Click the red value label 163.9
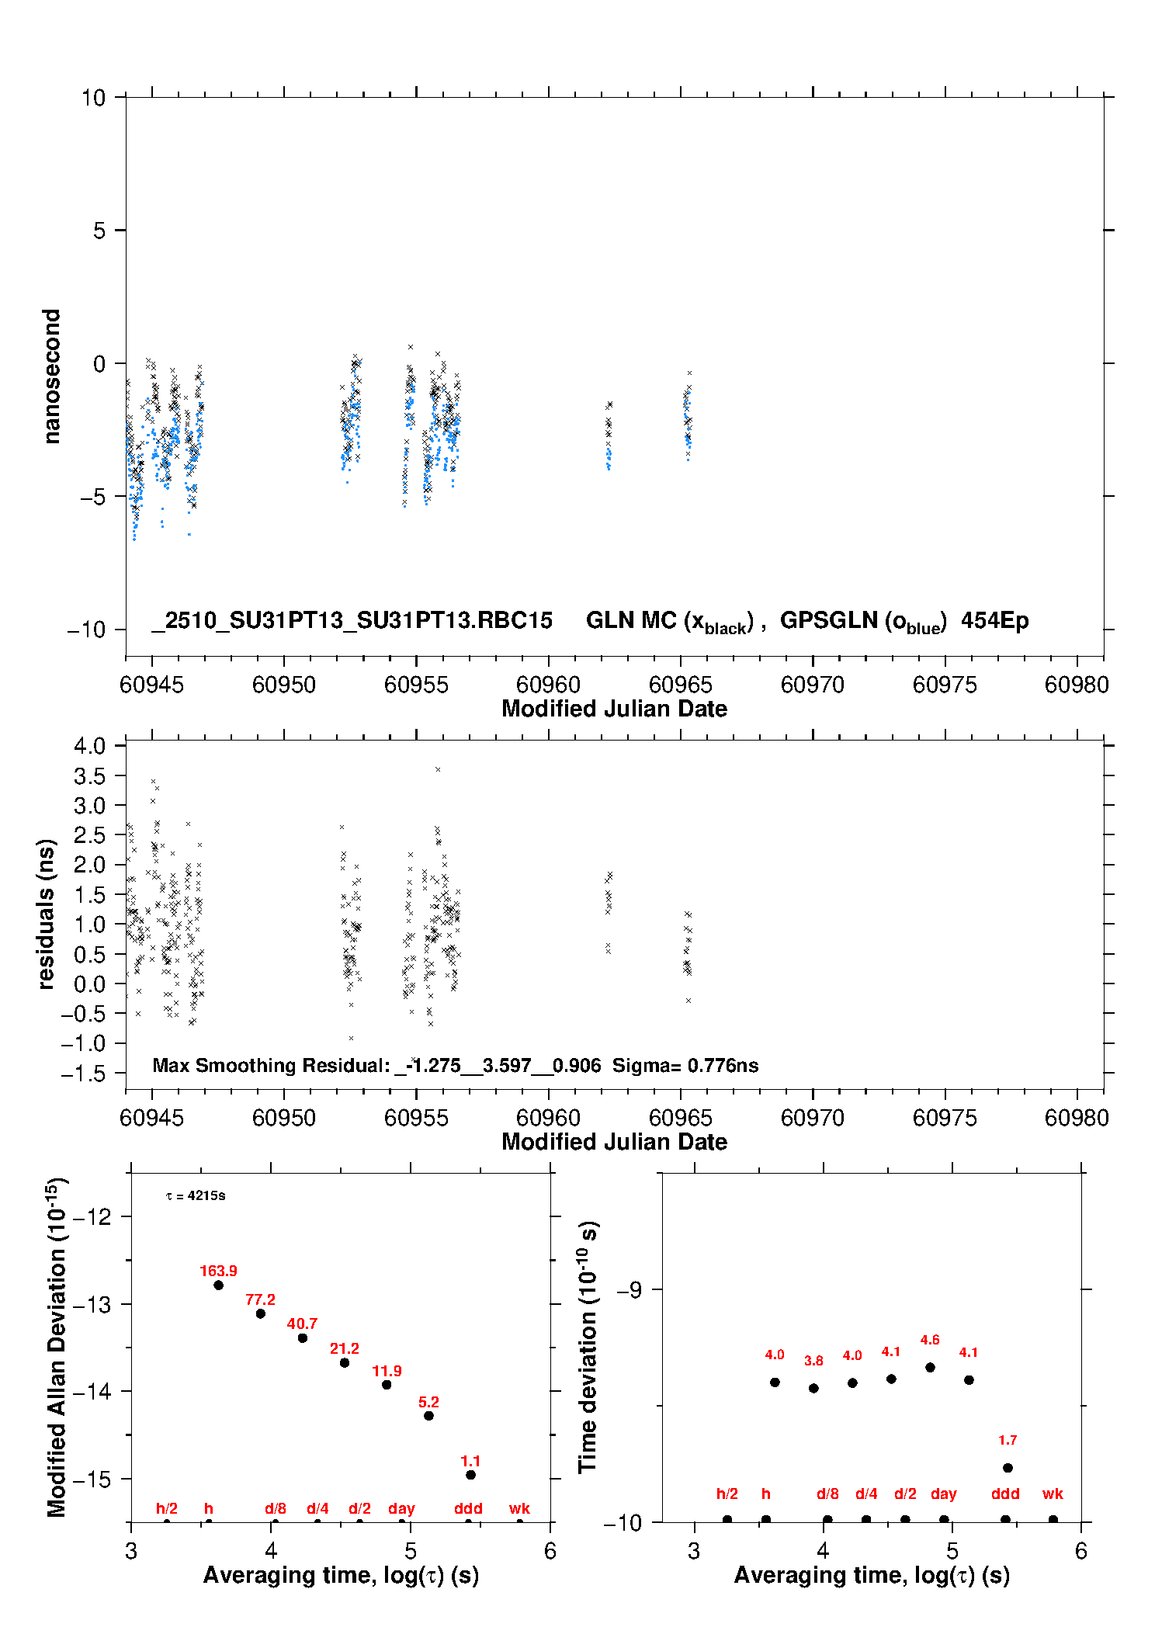click(x=218, y=1271)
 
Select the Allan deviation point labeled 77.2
click(x=261, y=1313)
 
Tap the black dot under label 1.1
click(x=470, y=1475)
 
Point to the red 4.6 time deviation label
click(x=930, y=1340)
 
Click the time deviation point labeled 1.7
click(x=1008, y=1468)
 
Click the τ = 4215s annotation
click(x=196, y=1195)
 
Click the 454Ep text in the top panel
click(x=994, y=620)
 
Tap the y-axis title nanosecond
click(x=51, y=376)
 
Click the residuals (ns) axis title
click(x=46, y=914)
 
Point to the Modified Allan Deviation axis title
click(x=56, y=1347)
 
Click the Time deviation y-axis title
click(x=588, y=1347)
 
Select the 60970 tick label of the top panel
click(x=812, y=685)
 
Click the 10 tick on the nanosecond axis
click(x=93, y=98)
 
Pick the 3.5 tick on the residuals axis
click(x=89, y=775)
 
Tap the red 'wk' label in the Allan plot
click(x=519, y=1508)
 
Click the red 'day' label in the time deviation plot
click(x=943, y=1493)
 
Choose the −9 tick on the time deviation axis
click(x=630, y=1289)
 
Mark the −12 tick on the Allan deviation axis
click(x=92, y=1216)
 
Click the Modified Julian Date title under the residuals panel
click(x=614, y=1142)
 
